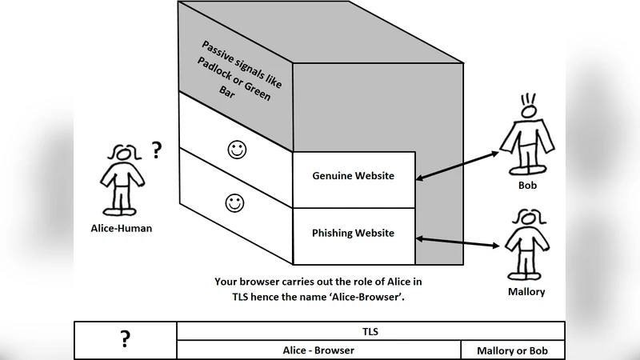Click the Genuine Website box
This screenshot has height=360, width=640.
tap(353, 176)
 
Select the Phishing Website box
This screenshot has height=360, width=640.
tap(353, 234)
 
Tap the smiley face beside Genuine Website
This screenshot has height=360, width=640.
tap(236, 149)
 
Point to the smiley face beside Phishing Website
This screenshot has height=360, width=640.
tap(234, 203)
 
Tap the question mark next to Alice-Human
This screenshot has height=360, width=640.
tap(157, 149)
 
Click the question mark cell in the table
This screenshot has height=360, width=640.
tap(125, 340)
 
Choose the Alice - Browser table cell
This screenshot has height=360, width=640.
tap(318, 350)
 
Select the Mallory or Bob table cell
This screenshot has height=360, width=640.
tap(513, 350)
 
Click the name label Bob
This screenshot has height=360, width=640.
tap(527, 186)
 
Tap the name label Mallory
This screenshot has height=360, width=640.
tap(526, 292)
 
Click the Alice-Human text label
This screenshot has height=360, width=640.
tap(122, 229)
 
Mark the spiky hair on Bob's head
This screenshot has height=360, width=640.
tap(528, 101)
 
